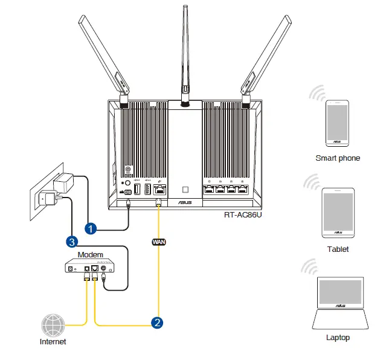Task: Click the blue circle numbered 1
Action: point(91,229)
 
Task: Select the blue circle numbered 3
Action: point(72,242)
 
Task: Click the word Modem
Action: point(90,254)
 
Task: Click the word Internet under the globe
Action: point(53,342)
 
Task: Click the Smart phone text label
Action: point(338,158)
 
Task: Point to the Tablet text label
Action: point(338,249)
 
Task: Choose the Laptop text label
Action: point(338,338)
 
